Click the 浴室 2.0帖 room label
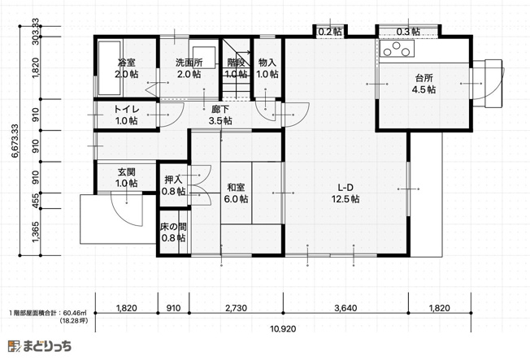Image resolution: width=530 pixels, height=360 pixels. (126, 68)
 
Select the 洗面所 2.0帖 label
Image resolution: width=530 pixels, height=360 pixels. (189, 68)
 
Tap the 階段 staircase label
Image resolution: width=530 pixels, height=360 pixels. (236, 68)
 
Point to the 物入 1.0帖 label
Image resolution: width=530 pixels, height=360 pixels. (267, 68)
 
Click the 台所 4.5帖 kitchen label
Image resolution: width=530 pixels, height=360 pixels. (424, 84)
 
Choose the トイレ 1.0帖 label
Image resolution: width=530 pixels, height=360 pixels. (126, 115)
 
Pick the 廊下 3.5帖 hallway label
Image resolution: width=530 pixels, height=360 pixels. (220, 115)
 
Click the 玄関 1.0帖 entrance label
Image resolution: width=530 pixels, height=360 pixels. (126, 177)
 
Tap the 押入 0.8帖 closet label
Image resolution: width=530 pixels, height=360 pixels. (173, 185)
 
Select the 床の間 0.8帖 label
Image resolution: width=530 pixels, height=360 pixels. (173, 232)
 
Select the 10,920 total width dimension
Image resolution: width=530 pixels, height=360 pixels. (282, 329)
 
